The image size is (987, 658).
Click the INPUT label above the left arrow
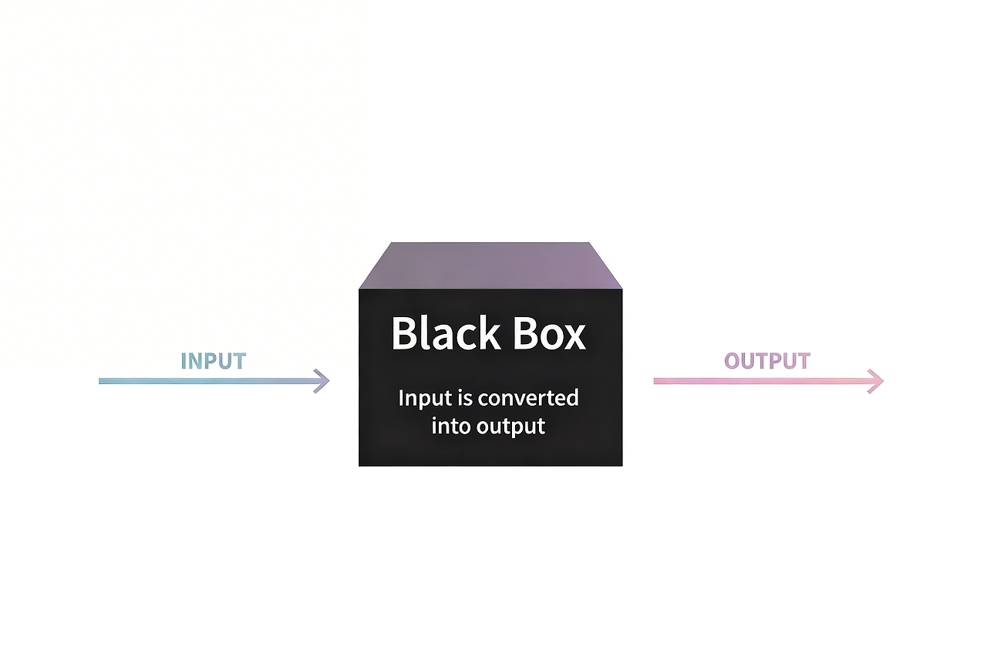click(214, 361)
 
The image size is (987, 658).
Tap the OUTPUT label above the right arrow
click(767, 361)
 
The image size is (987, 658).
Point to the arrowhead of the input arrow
click(322, 381)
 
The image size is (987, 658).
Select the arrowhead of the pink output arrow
click(876, 381)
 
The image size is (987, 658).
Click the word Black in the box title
click(446, 332)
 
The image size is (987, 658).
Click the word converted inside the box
click(528, 398)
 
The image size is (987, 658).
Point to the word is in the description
click(465, 398)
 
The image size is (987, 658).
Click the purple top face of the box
click(490, 266)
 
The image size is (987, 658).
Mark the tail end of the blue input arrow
click(99, 381)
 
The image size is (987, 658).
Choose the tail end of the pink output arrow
click(655, 381)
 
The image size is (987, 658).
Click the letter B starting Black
click(405, 333)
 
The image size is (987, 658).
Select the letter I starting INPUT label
click(184, 361)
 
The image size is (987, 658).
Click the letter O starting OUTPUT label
click(732, 361)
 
